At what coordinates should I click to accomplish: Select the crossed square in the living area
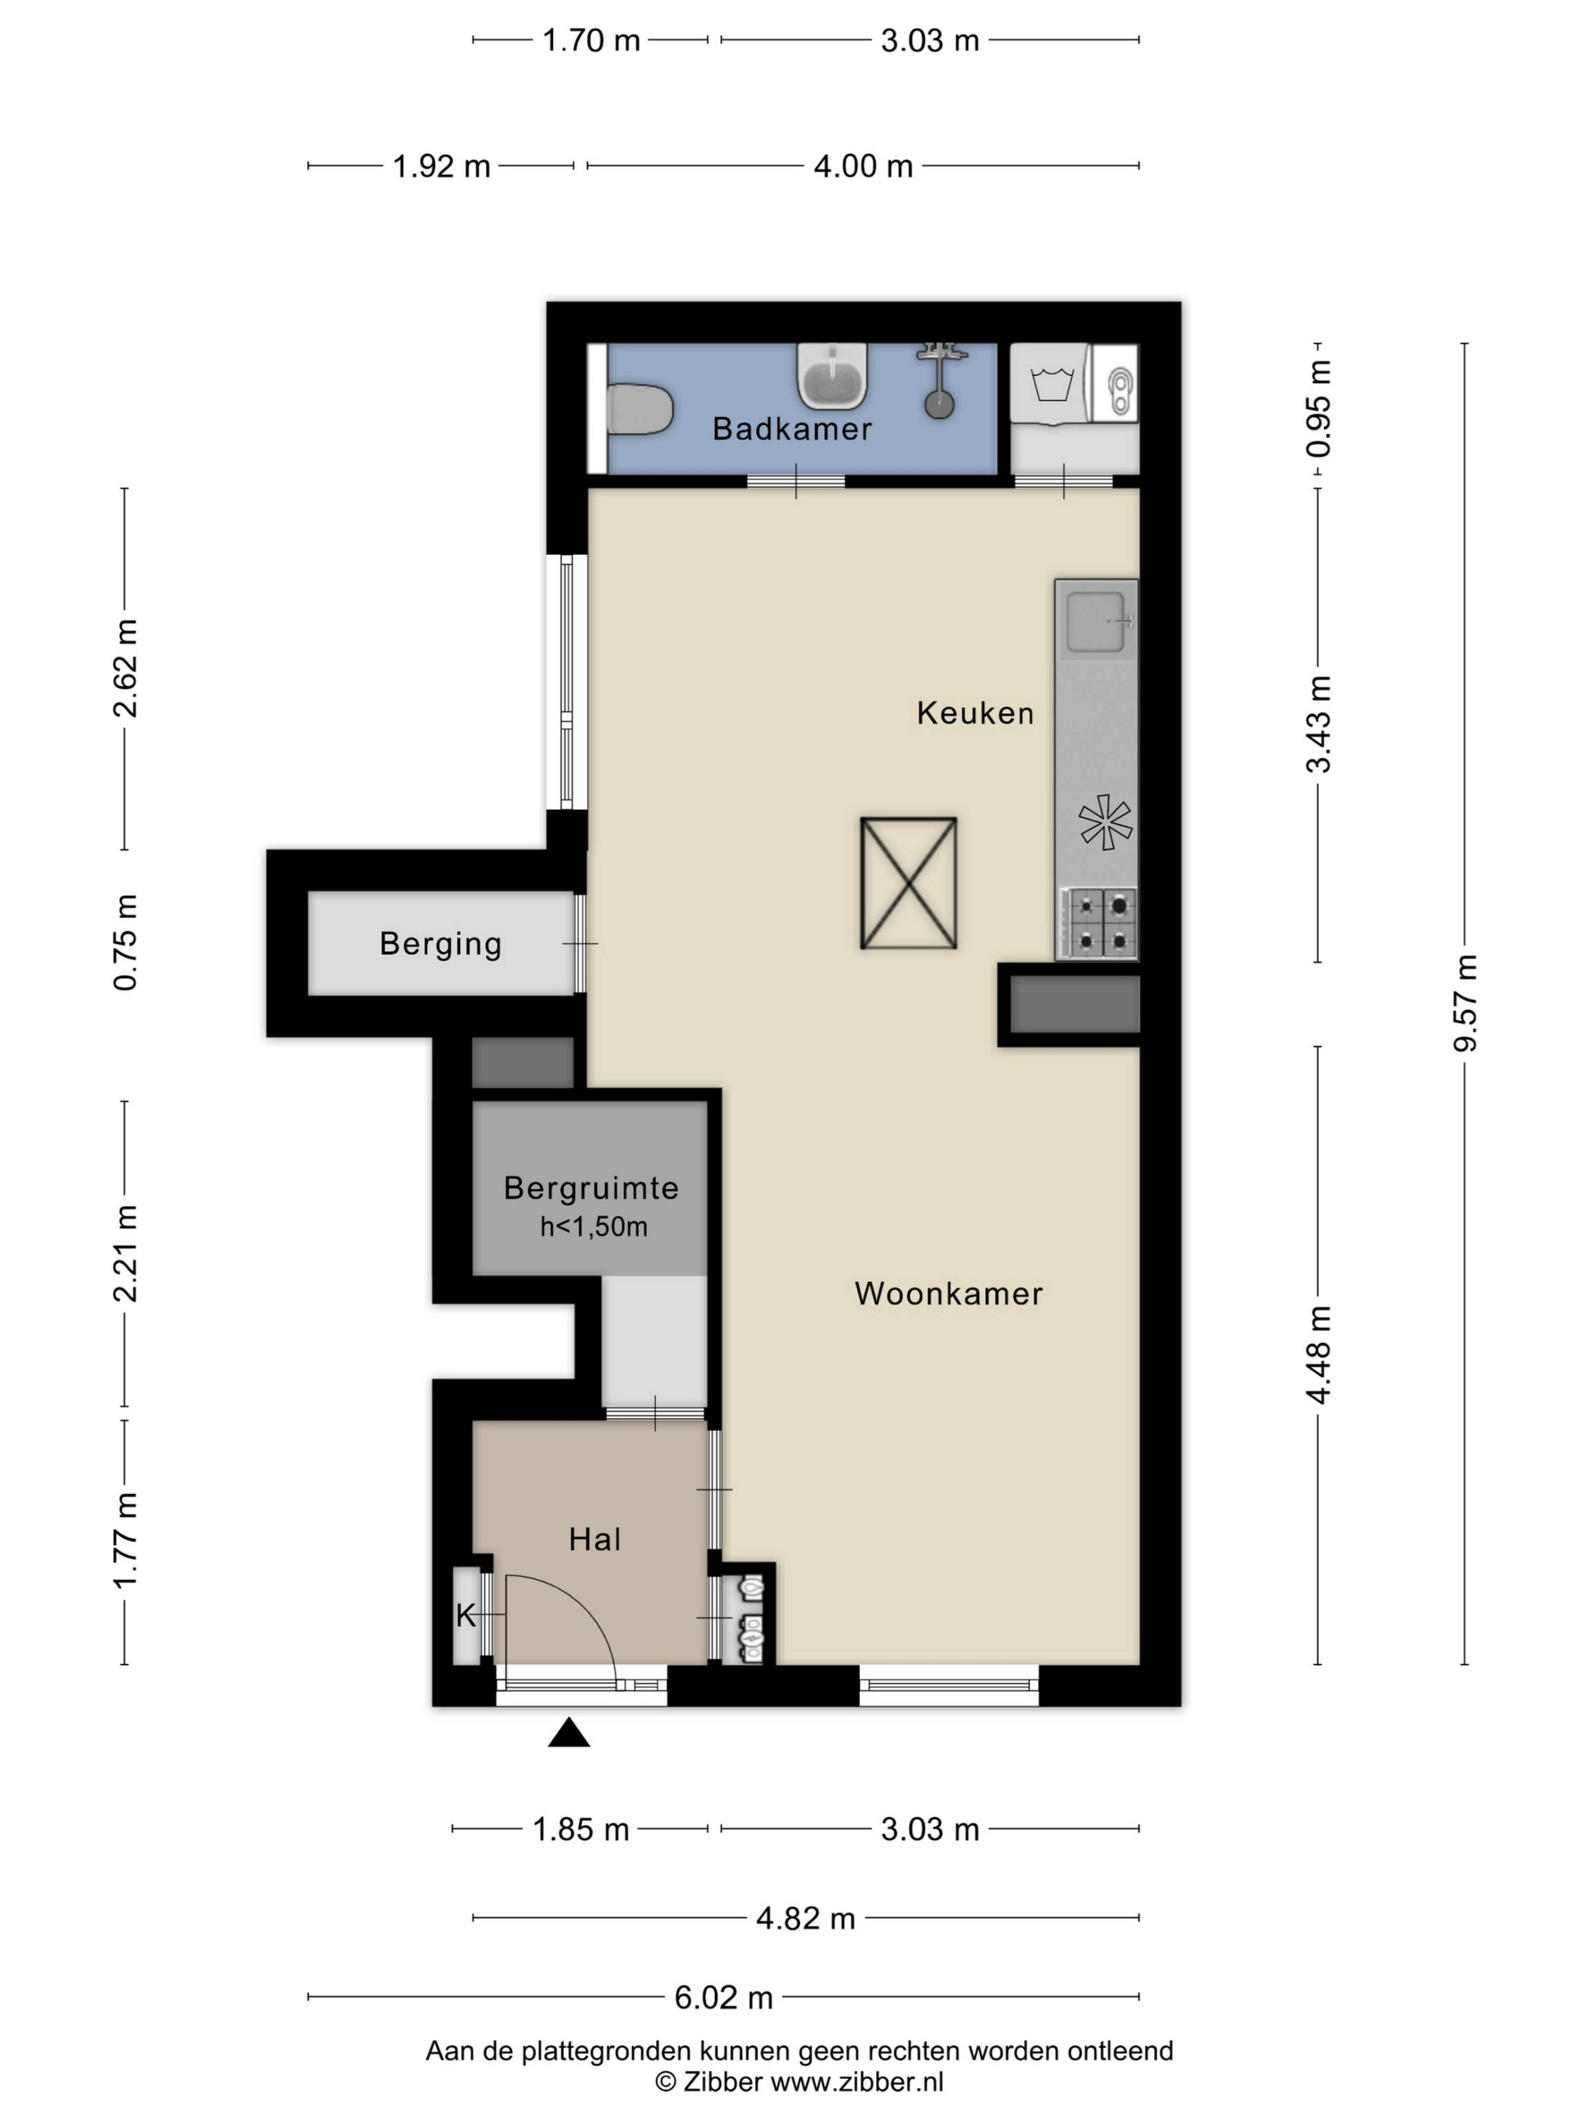point(908,882)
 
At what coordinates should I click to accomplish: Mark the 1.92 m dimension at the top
point(442,167)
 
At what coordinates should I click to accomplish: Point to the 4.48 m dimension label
point(1319,1355)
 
